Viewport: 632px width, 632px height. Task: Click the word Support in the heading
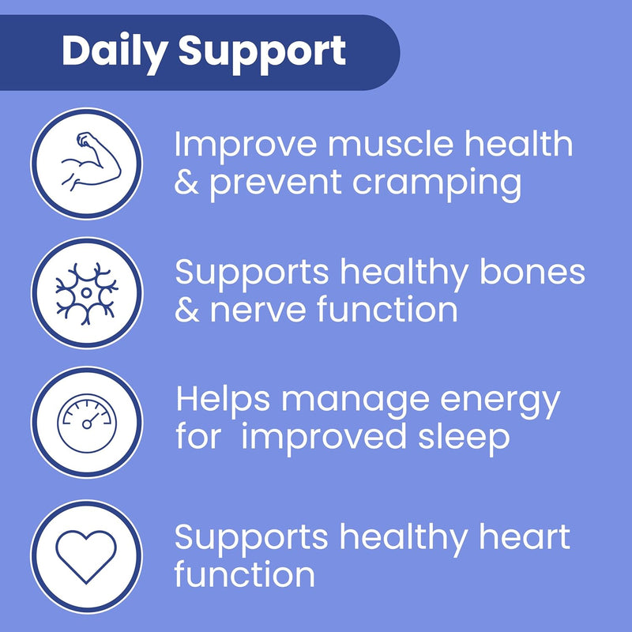(262, 52)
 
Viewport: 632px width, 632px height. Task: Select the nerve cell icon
(87, 292)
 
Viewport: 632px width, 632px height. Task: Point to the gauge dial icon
(87, 421)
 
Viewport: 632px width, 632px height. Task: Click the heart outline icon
(87, 550)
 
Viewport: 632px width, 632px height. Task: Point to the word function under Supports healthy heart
(244, 574)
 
